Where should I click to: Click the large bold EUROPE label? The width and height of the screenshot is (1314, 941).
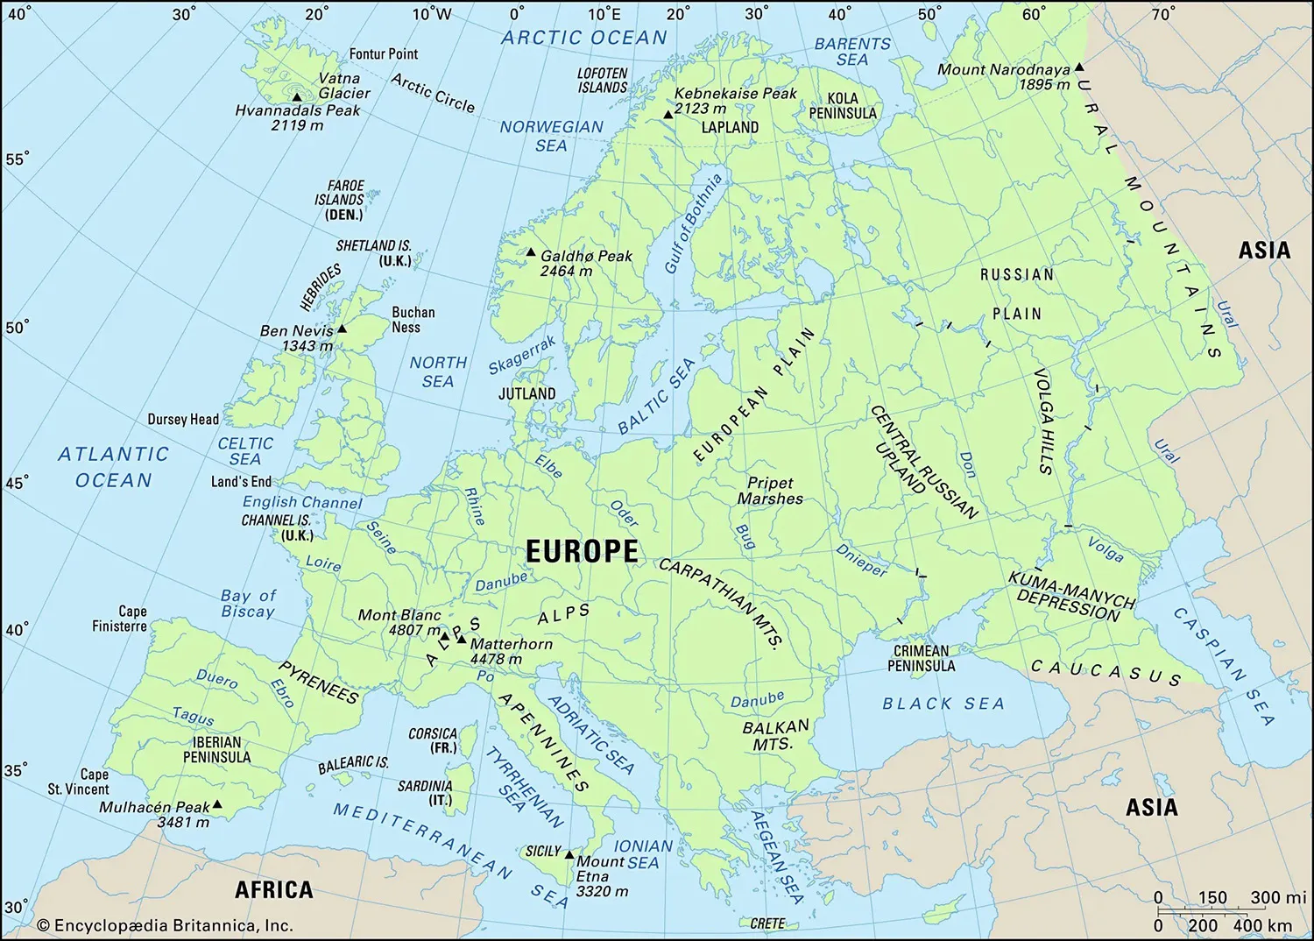582,551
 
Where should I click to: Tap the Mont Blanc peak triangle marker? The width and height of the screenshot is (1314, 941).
444,636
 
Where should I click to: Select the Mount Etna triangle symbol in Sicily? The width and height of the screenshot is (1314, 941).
569,854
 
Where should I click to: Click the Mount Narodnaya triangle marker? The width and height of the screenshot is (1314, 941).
1079,67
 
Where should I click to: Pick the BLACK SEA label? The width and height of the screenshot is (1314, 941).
943,704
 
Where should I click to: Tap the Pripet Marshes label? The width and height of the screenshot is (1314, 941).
770,491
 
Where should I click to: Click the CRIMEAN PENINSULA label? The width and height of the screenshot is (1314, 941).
921,658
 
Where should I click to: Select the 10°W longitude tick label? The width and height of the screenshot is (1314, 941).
431,14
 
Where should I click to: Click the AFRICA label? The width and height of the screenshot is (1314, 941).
273,889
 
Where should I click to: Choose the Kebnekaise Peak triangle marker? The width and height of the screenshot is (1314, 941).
668,115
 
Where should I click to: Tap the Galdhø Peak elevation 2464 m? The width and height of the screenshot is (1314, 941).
566,272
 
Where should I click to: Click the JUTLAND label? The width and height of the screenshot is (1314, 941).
526,393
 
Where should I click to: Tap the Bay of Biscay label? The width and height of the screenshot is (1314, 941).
248,603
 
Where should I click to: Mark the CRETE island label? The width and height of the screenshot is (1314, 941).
767,923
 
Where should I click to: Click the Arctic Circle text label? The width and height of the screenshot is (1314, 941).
433,93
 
